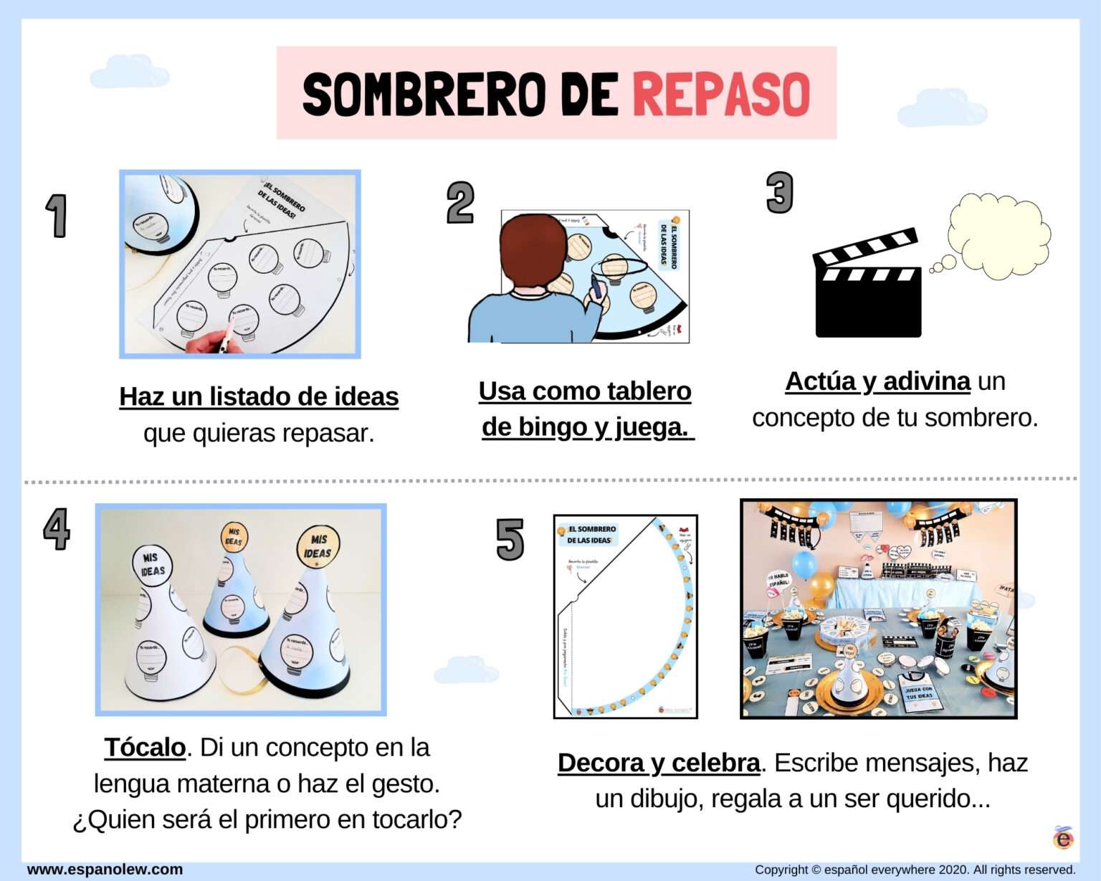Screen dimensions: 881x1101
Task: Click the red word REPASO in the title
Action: [720, 94]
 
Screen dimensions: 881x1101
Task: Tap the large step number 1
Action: [56, 215]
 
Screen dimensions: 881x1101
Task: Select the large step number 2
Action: [460, 202]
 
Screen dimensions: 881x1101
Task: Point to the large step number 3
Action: [779, 192]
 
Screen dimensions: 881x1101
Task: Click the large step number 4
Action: [57, 529]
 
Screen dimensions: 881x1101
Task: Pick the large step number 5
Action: [510, 539]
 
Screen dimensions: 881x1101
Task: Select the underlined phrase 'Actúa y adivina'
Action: [877, 381]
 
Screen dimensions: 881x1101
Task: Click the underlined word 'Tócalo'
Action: [145, 747]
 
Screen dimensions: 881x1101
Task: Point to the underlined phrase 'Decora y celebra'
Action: [658, 763]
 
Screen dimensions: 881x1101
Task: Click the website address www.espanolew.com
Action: [105, 870]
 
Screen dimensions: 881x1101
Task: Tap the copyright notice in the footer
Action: [915, 870]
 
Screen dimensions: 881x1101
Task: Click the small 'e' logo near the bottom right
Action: [1064, 837]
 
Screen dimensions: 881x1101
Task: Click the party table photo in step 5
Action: [878, 609]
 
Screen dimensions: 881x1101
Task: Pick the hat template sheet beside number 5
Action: [625, 616]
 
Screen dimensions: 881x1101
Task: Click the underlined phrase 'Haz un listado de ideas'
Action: [259, 396]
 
